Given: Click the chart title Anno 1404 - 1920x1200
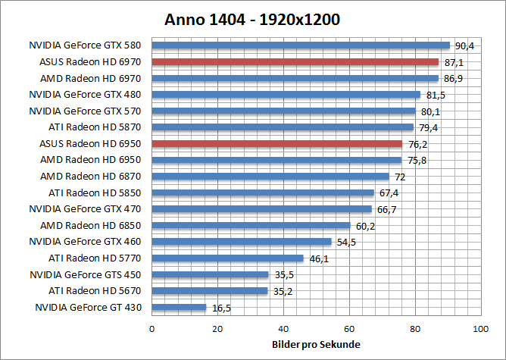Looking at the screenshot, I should pos(252,19).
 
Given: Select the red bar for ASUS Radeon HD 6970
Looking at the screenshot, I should pos(295,61).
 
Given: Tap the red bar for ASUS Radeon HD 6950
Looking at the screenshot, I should pos(277,143).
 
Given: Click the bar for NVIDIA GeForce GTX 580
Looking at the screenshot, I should pos(301,45).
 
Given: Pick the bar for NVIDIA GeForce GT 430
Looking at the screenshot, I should pos(180,307).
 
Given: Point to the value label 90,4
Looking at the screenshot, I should pos(464,46).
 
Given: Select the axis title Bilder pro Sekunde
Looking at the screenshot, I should pos(316,346).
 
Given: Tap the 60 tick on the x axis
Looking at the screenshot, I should pos(349,330).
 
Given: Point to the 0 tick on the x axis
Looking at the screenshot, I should pos(152,330).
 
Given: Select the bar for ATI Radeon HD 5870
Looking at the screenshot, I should pos(283,127).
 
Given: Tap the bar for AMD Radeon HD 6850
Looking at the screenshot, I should pos(251,225).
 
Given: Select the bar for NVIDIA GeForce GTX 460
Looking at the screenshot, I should pos(242,242).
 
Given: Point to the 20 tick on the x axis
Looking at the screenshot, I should pos(217,330).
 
